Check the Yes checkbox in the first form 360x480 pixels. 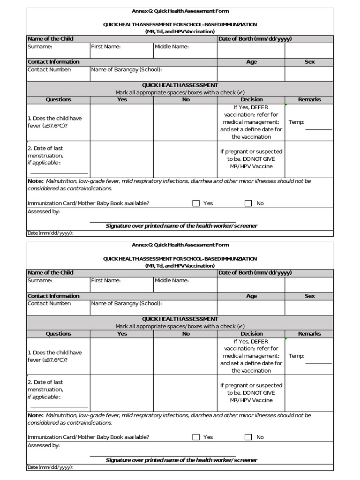tap(196, 203)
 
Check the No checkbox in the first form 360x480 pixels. tap(248, 203)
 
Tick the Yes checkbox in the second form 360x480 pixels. tap(196, 437)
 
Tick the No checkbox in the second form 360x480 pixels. tap(248, 437)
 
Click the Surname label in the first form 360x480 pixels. tap(40, 46)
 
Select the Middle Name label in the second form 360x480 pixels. tap(172, 280)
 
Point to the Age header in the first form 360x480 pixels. tap(251, 62)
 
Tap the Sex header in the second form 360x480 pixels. tap(309, 296)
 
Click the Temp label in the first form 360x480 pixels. tap(296, 122)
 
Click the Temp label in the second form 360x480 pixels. tap(296, 356)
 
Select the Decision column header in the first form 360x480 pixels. tap(251, 99)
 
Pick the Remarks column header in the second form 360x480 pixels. tap(309, 334)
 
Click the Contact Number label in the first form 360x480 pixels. tap(49, 69)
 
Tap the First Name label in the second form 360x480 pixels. tap(106, 280)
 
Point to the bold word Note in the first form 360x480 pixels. tap(35, 181)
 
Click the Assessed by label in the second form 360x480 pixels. tap(44, 445)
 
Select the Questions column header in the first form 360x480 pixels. tap(59, 99)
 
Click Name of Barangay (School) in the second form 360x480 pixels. tap(127, 303)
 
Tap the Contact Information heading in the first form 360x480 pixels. tap(53, 62)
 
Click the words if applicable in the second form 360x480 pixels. tap(44, 397)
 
